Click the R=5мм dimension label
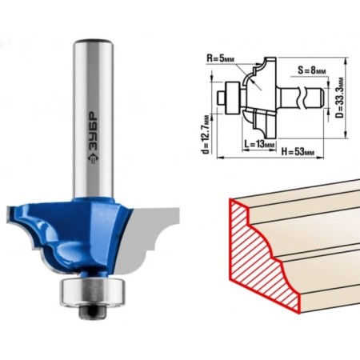coord(220,58)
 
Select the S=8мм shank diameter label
coord(311,70)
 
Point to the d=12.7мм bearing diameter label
coord(206,134)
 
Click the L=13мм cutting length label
coord(259,144)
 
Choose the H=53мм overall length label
coord(298,152)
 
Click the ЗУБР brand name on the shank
coord(93,130)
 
